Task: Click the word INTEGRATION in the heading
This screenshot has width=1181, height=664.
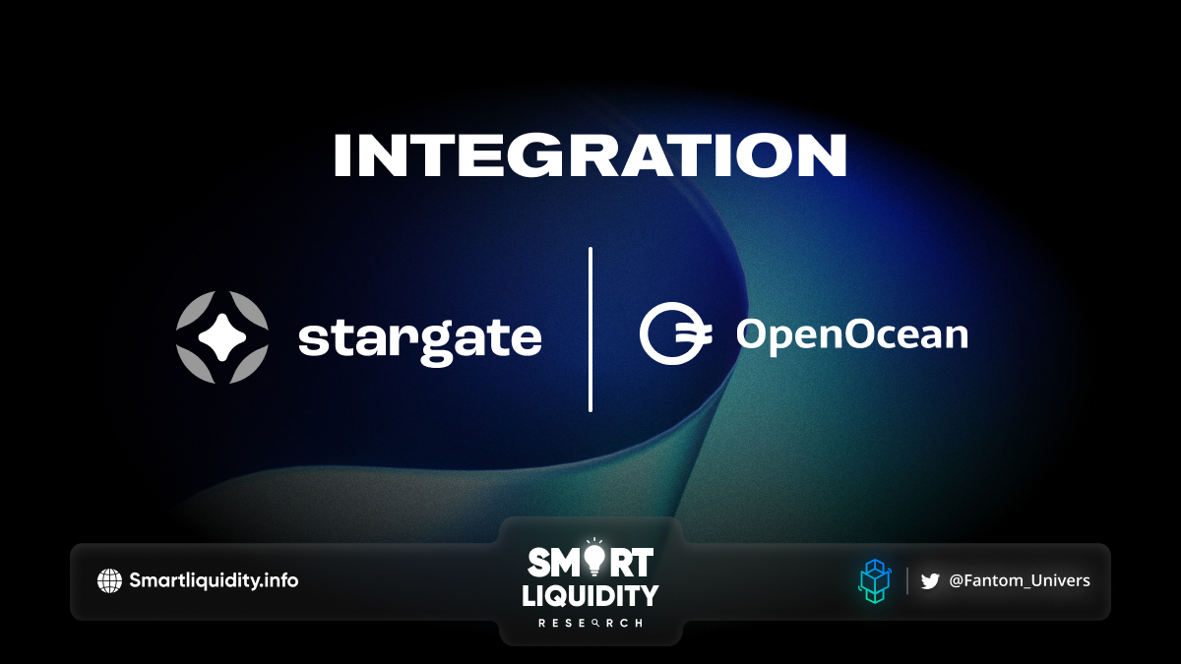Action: (590, 155)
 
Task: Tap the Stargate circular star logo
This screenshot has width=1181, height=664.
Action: (222, 337)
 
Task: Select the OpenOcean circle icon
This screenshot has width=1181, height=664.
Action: (675, 333)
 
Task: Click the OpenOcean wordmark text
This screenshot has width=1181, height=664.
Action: (852, 335)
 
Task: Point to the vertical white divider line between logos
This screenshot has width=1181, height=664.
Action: (590, 330)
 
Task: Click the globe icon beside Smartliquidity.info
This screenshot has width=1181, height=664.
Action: (109, 580)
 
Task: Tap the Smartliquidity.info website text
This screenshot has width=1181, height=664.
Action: (214, 580)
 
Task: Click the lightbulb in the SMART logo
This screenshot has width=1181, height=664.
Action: (594, 559)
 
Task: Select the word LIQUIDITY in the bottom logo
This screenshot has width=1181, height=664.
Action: (590, 596)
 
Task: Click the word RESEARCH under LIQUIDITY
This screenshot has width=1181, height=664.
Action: (590, 624)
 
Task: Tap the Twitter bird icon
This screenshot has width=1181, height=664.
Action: (930, 581)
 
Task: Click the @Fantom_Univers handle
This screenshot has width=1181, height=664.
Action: (1020, 580)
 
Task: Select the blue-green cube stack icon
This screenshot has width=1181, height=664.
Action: (875, 581)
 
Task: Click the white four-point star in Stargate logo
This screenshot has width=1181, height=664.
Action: (222, 337)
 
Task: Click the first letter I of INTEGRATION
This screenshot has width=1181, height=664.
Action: (342, 155)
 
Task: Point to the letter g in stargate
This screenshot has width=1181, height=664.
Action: (435, 344)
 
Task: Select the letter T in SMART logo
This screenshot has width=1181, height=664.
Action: (641, 563)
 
